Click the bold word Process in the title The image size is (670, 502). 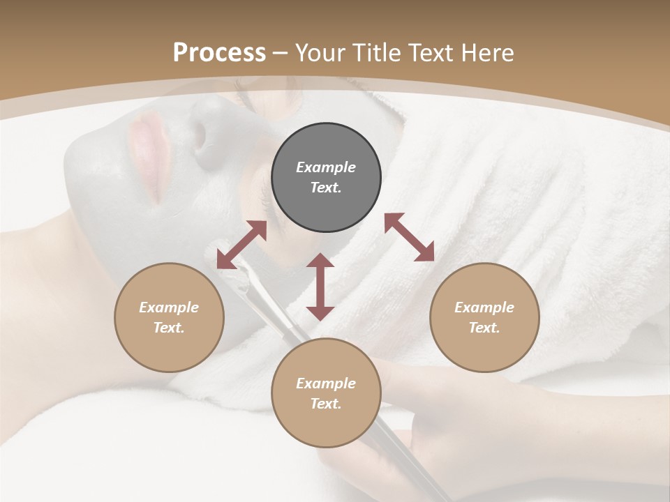coord(219,53)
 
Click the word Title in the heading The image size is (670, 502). coord(377,53)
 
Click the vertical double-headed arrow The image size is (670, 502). coord(320,287)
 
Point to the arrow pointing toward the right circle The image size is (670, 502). coord(409,237)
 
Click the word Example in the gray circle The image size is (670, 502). coord(326,167)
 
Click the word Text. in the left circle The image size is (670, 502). coord(169,328)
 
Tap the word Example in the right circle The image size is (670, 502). coord(484,307)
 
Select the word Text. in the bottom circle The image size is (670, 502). coord(326,404)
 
